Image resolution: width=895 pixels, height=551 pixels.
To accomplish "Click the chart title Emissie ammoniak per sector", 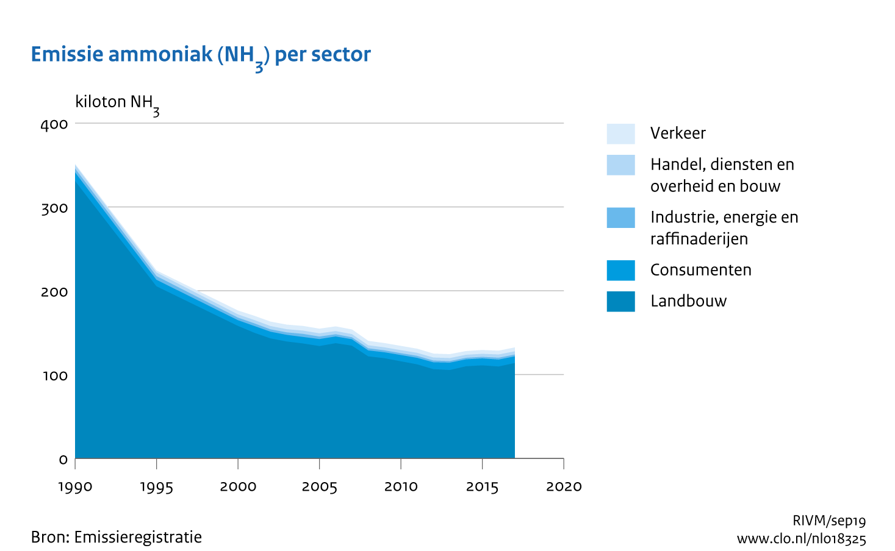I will coord(201,55).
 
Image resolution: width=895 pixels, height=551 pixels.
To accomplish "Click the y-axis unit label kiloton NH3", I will coord(117,102).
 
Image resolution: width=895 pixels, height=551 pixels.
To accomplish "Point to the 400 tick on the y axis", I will coord(54,124).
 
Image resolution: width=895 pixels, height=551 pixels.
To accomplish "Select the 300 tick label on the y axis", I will coord(54,208).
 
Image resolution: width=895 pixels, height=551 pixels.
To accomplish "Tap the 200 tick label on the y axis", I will coord(54,291).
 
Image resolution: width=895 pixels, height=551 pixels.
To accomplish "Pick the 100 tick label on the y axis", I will coord(54,375).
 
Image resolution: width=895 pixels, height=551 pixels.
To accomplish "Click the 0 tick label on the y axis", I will coord(63,459).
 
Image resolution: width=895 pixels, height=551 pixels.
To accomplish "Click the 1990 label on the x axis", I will coord(75,487).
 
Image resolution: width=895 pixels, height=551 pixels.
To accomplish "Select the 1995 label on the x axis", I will coord(157,487).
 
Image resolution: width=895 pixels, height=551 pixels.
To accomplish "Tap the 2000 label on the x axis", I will coord(238,487).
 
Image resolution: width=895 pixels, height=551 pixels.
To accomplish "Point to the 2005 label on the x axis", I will coord(320,487).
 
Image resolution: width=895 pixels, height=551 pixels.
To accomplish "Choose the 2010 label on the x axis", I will coord(401,487).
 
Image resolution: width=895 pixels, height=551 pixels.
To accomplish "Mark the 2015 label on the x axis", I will coord(483,487).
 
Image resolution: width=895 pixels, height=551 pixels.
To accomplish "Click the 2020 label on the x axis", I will coord(564,487).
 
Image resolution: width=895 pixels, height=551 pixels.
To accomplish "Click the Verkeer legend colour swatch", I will coord(620,133).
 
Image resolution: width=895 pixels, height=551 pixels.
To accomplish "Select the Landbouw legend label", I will coord(688,301).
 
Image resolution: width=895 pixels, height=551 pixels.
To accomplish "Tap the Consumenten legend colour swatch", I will coord(620,270).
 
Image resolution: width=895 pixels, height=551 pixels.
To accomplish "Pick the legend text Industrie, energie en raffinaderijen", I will coord(724,228).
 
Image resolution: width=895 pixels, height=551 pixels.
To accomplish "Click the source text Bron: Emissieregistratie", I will coord(116,537).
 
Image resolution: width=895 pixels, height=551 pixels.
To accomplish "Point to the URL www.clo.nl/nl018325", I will coord(801,539).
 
